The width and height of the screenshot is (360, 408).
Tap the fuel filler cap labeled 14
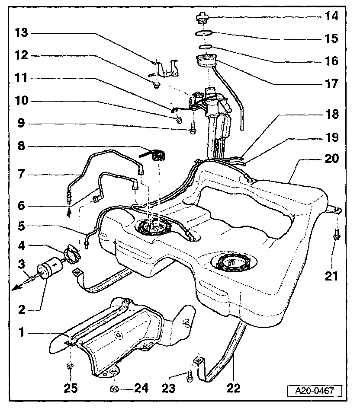coord(202,18)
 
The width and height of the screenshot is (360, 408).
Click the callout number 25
coord(71,388)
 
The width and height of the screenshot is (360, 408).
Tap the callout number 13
coord(22,33)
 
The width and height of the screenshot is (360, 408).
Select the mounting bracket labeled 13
coord(167,69)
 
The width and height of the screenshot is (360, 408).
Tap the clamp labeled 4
coord(72,252)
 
